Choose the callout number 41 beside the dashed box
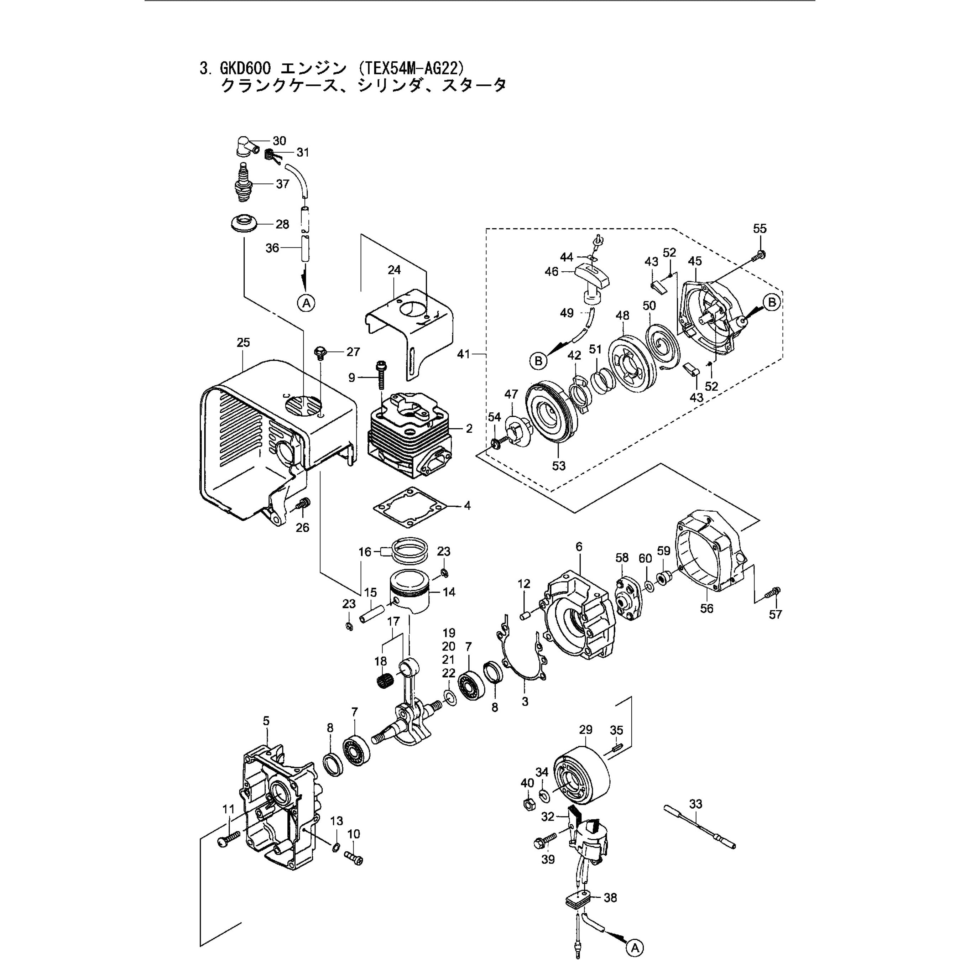point(464,354)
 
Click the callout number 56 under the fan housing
point(706,609)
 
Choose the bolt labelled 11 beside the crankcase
point(229,840)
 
